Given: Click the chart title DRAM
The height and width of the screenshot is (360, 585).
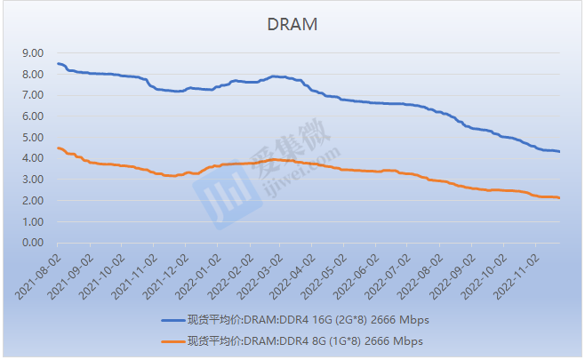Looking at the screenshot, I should (292, 24).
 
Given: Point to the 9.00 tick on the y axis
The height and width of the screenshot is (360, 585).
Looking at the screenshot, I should (32, 53).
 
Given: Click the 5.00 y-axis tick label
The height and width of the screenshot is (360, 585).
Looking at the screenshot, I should (32, 138).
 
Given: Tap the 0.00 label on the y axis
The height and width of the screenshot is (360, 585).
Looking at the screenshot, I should (32, 243).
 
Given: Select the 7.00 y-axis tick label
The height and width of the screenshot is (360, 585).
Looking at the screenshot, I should (32, 95).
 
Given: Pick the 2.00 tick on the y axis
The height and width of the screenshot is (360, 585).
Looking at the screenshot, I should (32, 201).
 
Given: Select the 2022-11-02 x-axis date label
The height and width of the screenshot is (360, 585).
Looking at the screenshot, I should (517, 271).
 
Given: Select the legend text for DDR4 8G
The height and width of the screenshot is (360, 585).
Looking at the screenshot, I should (304, 340).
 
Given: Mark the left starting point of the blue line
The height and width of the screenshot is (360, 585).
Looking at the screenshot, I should (58, 63).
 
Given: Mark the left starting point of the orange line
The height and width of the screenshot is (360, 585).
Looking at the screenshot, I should (58, 148).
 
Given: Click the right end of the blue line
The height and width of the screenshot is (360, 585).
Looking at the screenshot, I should (559, 152).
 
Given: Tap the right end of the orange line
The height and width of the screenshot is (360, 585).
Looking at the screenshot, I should (559, 198).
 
